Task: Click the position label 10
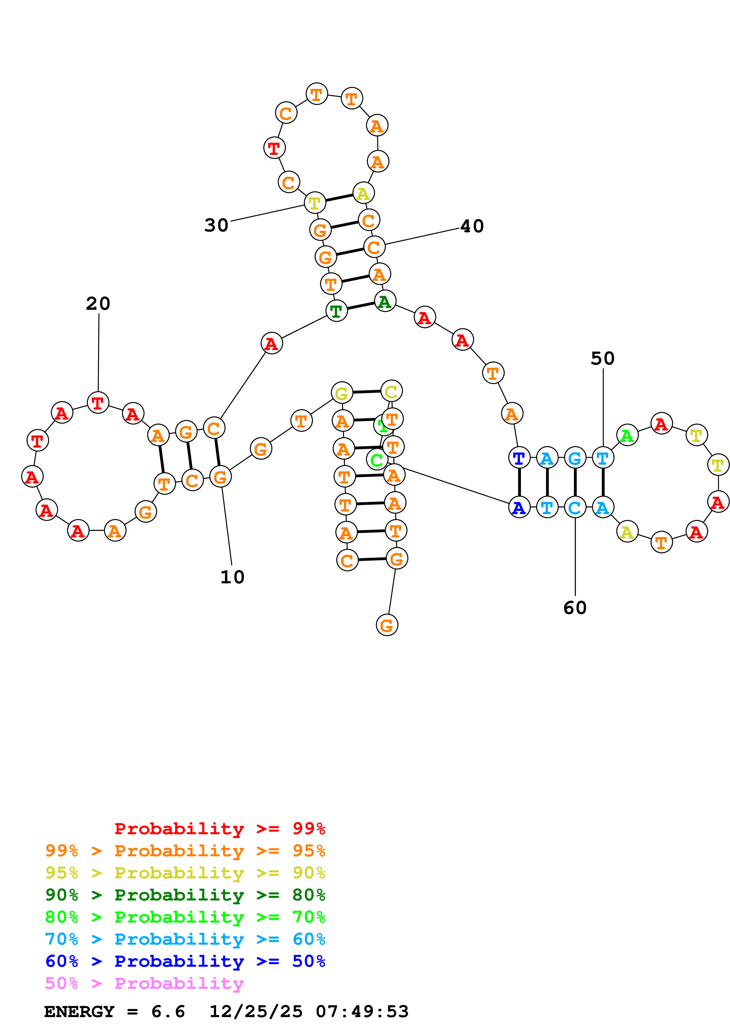pos(232,577)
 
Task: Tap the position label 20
pos(98,304)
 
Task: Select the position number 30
pos(216,225)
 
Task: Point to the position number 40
pos(472,226)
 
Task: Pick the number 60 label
pos(575,608)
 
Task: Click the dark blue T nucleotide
pos(519,458)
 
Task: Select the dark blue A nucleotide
pos(519,507)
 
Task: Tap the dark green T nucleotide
pos(336,310)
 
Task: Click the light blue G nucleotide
pos(575,458)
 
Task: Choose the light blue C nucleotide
pos(575,507)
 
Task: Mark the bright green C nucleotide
pos(377,460)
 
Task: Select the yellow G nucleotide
pos(342,393)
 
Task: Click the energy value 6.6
pos(168,1012)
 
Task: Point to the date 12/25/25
pos(256,1012)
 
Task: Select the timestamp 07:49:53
pos(362,1012)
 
